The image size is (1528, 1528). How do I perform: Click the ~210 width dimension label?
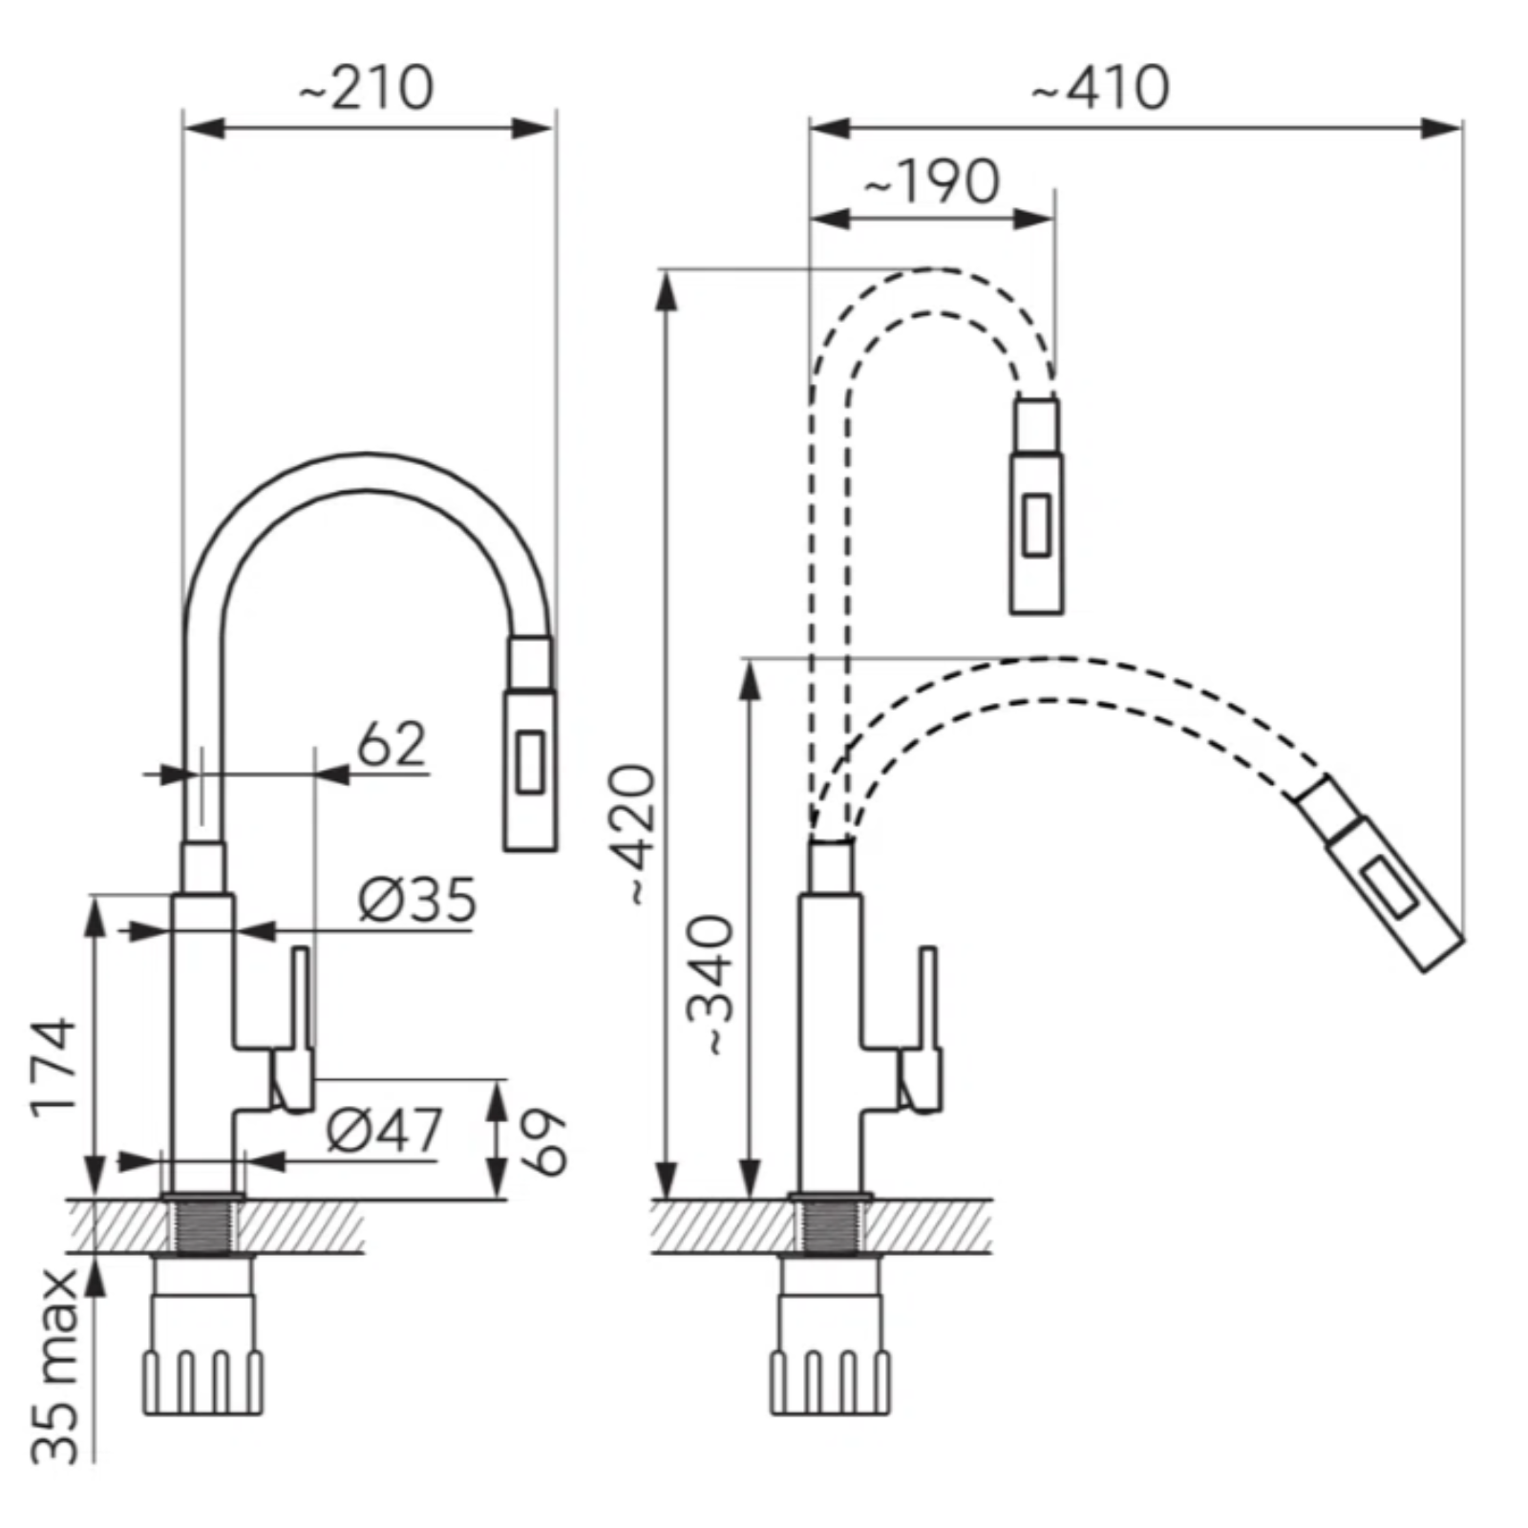point(367,88)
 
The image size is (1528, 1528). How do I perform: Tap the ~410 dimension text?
point(1099,89)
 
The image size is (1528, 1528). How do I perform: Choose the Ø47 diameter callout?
point(384,1130)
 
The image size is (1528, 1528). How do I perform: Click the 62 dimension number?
point(391,744)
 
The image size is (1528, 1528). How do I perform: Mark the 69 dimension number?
point(542,1141)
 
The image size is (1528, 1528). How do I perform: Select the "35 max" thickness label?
point(53,1366)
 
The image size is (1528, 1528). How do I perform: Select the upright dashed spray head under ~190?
point(1036,504)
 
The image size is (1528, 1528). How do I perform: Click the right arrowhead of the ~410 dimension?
point(1441,128)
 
